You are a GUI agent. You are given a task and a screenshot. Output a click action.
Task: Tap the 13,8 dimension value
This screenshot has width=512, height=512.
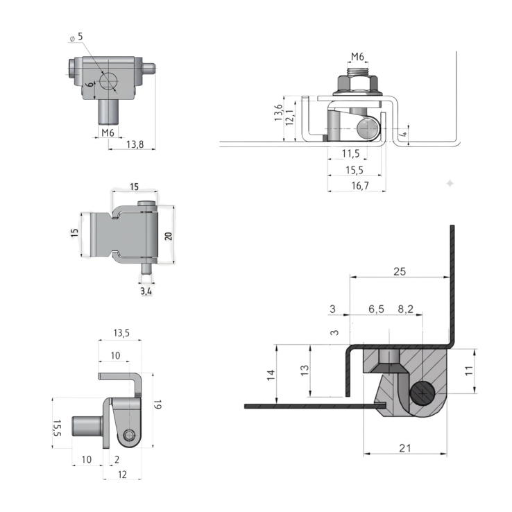tap(135, 144)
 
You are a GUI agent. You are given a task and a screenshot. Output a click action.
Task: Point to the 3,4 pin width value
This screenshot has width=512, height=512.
tap(146, 292)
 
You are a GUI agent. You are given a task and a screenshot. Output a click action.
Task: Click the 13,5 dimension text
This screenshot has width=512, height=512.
tap(121, 333)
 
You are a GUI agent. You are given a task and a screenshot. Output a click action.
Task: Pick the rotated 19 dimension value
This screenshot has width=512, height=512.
tap(158, 404)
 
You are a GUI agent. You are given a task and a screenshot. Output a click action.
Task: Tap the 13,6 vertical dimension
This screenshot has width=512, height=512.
tap(278, 113)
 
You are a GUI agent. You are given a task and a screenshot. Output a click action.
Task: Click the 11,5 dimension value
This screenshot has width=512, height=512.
tap(350, 153)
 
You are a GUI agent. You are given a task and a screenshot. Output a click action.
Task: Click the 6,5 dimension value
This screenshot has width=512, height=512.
tap(376, 309)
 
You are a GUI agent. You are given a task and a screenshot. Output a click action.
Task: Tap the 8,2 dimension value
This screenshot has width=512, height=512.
tap(406, 309)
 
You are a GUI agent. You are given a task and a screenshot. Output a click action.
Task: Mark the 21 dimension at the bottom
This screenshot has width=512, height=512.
tap(405, 448)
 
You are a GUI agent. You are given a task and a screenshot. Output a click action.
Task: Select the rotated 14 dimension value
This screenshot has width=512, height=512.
tap(271, 375)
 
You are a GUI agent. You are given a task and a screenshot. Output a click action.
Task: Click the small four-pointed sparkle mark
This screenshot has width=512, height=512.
tap(450, 183)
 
